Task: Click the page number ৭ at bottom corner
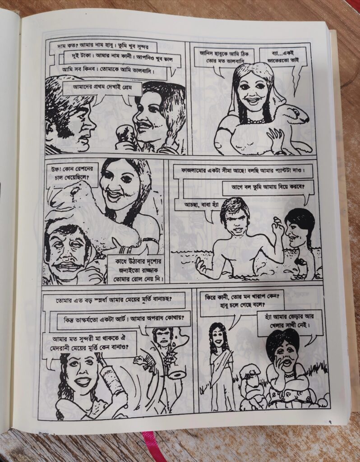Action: point(330,422)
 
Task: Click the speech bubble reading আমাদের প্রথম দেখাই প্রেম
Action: point(102,88)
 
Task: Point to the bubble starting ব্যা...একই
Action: point(283,57)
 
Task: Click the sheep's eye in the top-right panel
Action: point(295,112)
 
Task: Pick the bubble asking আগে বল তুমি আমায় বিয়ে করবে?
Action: point(268,187)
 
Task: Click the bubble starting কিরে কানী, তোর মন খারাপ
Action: point(242,301)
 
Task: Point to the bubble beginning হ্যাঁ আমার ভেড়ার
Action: point(289,321)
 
